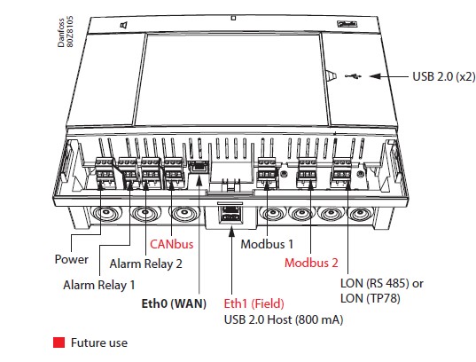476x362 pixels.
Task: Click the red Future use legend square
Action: pos(59,342)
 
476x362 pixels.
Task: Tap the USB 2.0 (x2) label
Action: pos(444,76)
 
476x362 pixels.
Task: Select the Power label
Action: pos(71,259)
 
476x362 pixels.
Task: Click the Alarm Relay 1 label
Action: pos(99,285)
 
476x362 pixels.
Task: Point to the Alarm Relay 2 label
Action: pos(145,264)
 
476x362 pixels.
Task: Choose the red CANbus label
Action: pos(171,244)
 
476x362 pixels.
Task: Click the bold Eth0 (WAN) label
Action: pos(174,303)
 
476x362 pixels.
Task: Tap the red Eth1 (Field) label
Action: pos(254,303)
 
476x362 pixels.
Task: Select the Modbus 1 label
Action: pos(267,244)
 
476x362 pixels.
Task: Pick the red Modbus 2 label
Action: pos(311,263)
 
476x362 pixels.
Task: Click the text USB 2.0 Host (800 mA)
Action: pos(284,319)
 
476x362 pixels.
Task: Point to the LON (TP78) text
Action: pos(370,298)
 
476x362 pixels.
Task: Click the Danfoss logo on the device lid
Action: pos(347,24)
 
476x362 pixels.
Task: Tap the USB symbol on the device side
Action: pos(354,76)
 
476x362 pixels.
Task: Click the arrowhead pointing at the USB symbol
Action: pos(375,76)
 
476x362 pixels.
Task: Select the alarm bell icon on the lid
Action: pos(124,26)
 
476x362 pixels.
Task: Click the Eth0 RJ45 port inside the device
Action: pos(199,167)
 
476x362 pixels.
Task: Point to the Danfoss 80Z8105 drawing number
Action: pos(66,32)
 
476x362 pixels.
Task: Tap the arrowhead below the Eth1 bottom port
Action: pos(231,232)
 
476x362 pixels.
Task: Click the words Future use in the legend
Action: pos(99,342)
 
